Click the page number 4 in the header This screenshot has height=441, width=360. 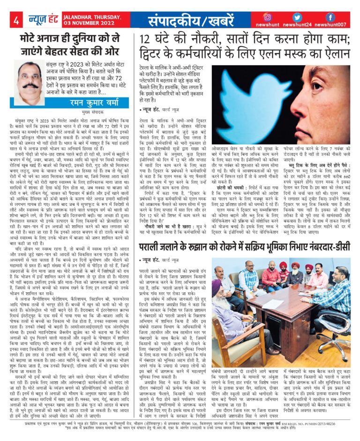(x=15, y=20)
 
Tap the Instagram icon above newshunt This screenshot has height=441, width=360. (x=268, y=17)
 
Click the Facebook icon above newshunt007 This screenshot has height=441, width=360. (x=330, y=17)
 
